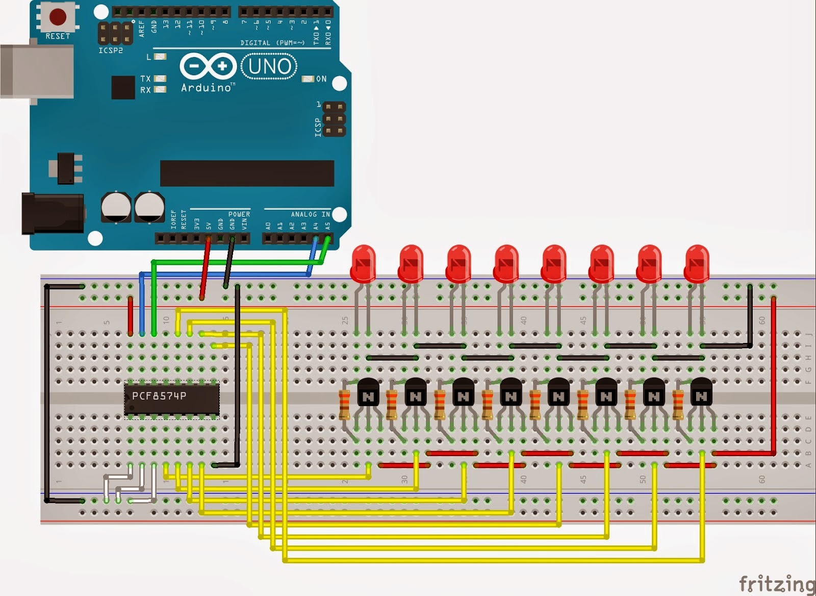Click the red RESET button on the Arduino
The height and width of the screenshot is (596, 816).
(57, 16)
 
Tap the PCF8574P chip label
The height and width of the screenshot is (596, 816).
(159, 396)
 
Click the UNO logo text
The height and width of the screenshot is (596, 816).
(269, 66)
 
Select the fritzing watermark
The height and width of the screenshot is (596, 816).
(776, 583)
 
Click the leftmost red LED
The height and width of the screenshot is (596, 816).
(363, 263)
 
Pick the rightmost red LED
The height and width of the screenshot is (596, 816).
(697, 263)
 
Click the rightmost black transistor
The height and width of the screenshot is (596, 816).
(701, 392)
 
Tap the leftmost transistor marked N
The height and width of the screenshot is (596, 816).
(368, 392)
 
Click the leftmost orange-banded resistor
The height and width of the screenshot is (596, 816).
(345, 404)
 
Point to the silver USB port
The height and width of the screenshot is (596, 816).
(36, 71)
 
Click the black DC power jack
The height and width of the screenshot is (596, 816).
(51, 213)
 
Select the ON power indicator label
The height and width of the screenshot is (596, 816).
(321, 79)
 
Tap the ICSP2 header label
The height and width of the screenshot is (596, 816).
(110, 51)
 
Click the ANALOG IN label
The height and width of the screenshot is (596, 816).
(310, 214)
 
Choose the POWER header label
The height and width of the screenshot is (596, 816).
(239, 214)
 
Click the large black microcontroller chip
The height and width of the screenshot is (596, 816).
(247, 173)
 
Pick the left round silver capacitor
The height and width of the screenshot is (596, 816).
(116, 207)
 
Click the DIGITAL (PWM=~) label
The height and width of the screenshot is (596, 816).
(272, 43)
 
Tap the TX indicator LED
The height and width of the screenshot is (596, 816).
(160, 79)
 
